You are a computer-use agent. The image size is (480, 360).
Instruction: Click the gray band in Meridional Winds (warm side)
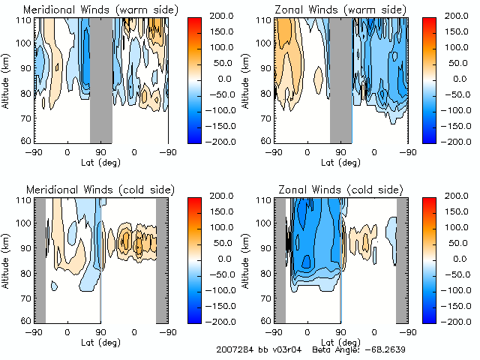tap(100, 79)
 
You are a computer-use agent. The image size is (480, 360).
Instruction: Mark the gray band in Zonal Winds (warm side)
tap(340, 79)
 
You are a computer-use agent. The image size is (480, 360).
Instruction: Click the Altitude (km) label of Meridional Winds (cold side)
tap(6, 259)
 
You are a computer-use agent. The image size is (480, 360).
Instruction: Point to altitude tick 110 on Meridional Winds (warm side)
tap(26, 21)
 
